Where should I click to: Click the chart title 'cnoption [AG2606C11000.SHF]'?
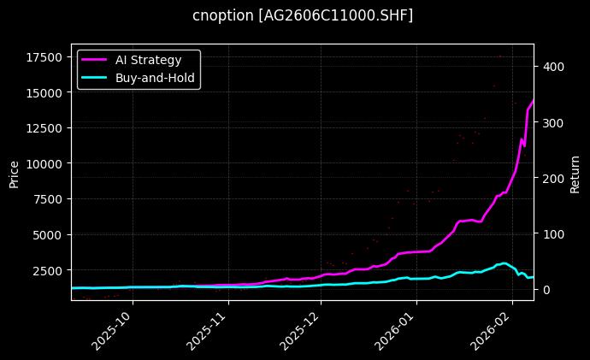click(303, 15)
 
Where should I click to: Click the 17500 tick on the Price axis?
click(44, 57)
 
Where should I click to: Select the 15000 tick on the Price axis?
click(44, 92)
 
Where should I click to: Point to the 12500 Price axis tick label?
click(44, 128)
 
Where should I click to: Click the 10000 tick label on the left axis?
click(44, 163)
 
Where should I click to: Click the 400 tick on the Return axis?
click(550, 67)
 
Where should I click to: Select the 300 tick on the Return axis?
click(550, 122)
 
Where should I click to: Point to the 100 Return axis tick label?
click(550, 233)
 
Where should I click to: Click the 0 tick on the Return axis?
click(544, 289)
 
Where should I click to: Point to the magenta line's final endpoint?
click(534, 100)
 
